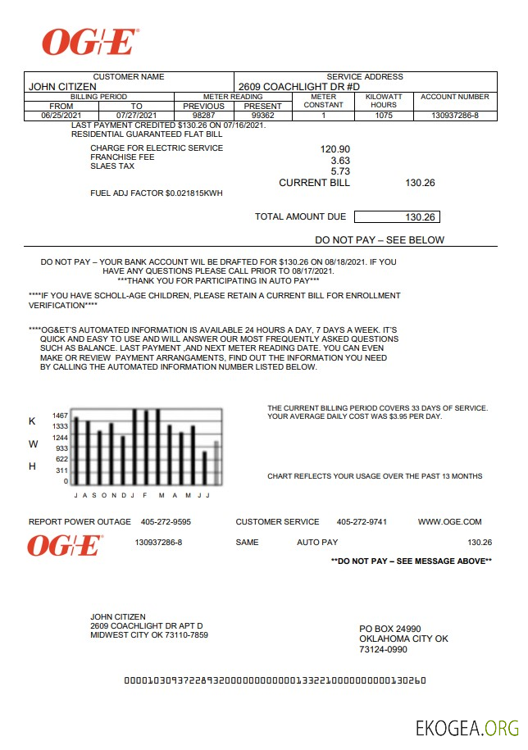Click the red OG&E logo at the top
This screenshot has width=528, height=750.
[x=90, y=42]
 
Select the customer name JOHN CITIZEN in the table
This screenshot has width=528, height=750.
[x=62, y=86]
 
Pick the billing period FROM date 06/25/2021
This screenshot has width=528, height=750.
[x=61, y=116]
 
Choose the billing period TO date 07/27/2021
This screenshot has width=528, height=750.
[x=136, y=116]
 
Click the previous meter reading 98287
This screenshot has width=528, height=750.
[x=203, y=116]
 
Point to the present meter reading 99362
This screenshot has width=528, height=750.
[x=262, y=116]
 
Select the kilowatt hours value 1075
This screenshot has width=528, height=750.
[x=384, y=116]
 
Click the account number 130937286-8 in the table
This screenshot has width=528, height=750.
[x=455, y=116]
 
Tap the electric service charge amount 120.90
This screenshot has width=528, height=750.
[x=335, y=149]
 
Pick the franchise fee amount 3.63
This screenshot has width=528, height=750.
[x=340, y=161]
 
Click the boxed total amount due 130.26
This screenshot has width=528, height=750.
[x=423, y=217]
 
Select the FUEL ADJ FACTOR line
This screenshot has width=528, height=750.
[x=156, y=193]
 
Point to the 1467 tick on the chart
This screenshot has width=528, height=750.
[x=61, y=416]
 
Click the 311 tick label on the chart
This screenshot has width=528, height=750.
[x=62, y=470]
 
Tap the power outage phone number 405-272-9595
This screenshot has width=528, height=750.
[x=166, y=522]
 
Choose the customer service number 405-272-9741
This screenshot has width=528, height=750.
[x=362, y=522]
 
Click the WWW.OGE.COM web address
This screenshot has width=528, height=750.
[x=449, y=522]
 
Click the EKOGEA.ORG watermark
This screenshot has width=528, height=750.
[x=467, y=728]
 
